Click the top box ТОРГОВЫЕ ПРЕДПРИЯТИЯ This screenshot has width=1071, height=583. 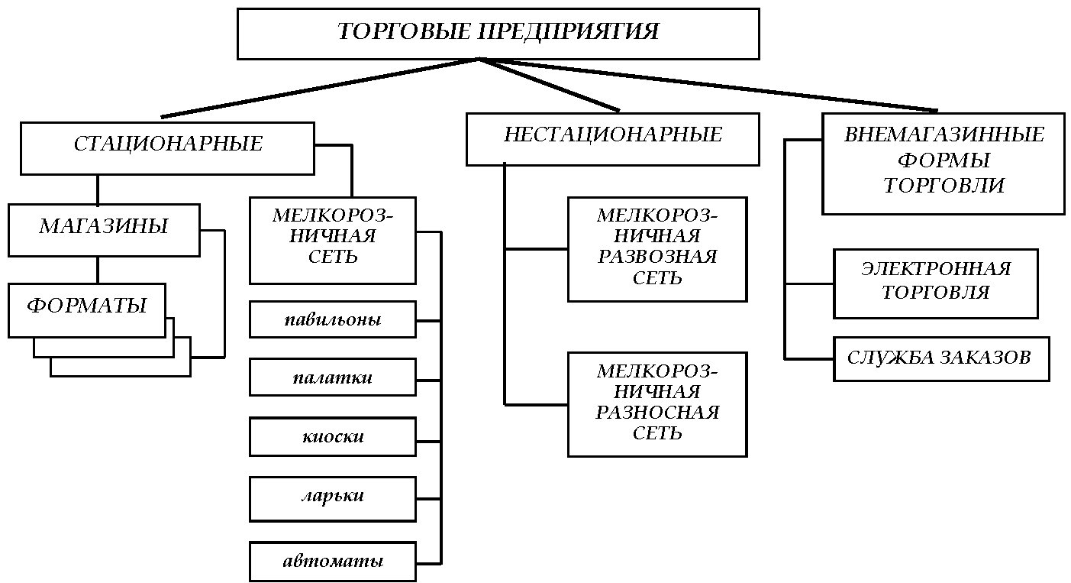[498, 34]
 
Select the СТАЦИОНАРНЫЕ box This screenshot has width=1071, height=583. [167, 148]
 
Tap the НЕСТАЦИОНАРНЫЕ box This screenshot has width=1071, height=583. [613, 139]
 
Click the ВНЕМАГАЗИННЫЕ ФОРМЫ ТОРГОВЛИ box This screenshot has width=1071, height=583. [944, 164]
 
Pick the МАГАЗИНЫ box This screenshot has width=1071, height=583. [104, 230]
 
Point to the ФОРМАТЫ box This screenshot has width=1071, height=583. [87, 311]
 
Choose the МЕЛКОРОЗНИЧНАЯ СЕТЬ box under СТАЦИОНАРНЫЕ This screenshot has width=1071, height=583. [333, 240]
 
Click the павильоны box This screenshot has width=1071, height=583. [333, 319]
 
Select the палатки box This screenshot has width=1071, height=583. [333, 377]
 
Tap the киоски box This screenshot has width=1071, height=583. [333, 436]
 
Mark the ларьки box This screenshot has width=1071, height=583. [333, 499]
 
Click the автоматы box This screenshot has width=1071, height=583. [333, 562]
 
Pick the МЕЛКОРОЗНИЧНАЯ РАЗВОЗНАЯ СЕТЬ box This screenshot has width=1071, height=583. [657, 249]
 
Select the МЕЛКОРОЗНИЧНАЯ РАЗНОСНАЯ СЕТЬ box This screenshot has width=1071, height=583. [657, 404]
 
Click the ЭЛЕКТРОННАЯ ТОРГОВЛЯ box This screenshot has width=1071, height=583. [936, 283]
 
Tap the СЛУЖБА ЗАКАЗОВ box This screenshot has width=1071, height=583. [941, 359]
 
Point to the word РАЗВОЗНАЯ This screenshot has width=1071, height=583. [657, 257]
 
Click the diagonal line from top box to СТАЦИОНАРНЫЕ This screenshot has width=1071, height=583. [320, 88]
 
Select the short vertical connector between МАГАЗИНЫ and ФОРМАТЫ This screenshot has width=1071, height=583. [98, 270]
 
